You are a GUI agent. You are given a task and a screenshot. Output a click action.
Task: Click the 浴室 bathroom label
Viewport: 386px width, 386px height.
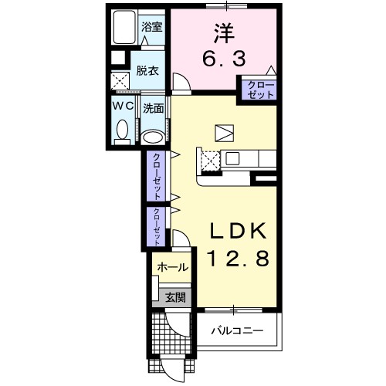tap(152, 27)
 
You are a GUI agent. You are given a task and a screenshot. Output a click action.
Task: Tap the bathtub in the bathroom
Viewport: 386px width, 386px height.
tap(124, 27)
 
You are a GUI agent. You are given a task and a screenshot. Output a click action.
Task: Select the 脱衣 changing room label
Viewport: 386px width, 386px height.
tap(147, 71)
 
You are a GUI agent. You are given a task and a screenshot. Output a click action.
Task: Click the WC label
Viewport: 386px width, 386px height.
tap(124, 106)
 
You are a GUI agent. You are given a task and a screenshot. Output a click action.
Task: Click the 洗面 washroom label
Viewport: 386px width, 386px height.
tap(154, 109)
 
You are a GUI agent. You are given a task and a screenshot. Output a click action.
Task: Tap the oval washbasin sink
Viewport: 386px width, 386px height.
tap(154, 137)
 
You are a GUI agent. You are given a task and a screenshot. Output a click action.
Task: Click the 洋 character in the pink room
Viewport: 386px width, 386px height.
tap(224, 33)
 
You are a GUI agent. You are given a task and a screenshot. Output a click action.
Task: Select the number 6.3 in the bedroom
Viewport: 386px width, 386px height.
tap(224, 59)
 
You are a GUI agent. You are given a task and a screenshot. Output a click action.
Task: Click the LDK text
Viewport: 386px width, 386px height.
tap(238, 231)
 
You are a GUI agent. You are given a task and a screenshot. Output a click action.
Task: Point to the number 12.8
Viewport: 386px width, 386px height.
tap(238, 258)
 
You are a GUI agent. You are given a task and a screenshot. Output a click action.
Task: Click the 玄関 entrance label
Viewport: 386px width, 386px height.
tap(175, 298)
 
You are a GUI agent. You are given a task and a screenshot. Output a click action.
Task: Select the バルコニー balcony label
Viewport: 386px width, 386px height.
tap(237, 330)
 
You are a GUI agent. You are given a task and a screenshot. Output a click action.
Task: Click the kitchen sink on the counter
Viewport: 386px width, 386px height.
tap(232, 158)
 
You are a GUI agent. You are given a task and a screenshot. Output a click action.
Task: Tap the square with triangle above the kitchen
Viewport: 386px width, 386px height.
tap(225, 133)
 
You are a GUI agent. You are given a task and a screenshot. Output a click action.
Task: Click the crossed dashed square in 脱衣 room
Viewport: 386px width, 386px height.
tap(120, 81)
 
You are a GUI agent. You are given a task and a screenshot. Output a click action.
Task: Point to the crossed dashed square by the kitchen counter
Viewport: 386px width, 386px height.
tap(211, 161)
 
